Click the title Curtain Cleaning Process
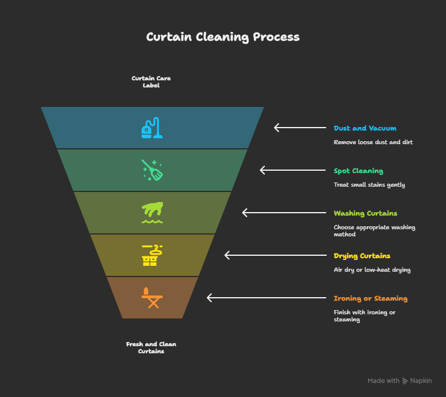[x=223, y=37]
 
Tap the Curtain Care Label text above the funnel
[x=151, y=82]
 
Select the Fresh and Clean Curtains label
[x=151, y=347]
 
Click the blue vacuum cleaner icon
[x=152, y=128]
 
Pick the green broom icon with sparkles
[x=152, y=170]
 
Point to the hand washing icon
[x=152, y=213]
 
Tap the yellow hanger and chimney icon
[x=152, y=255]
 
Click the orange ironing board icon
[x=152, y=298]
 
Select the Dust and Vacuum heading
[x=365, y=128]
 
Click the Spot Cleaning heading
[x=358, y=171]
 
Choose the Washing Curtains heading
[x=365, y=213]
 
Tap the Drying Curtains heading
[x=362, y=256]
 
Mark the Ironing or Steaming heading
[x=370, y=298]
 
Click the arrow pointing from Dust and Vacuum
[x=300, y=128]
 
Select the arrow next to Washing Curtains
[x=284, y=213]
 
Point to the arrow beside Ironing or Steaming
[x=266, y=298]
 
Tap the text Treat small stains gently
[x=369, y=185]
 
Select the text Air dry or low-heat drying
[x=372, y=270]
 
